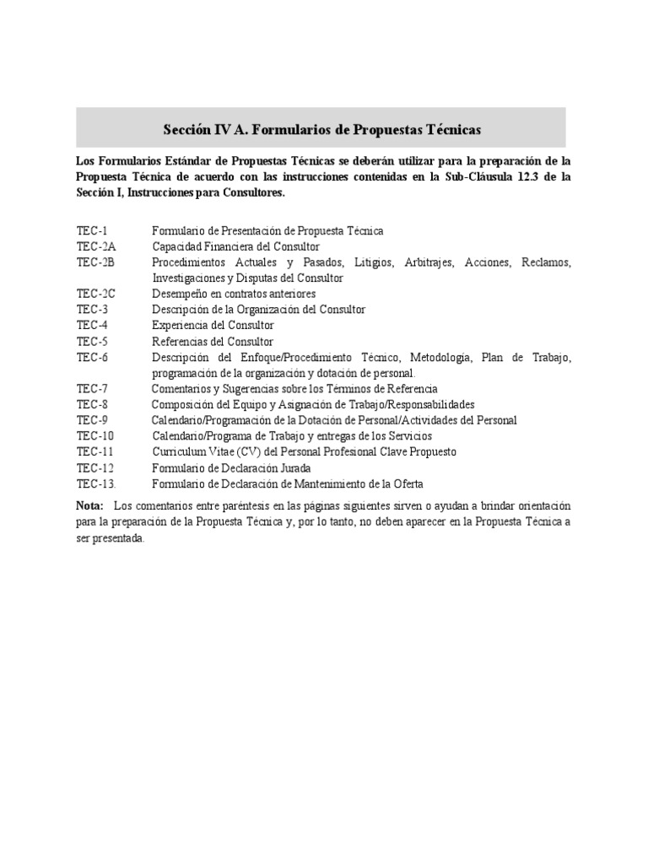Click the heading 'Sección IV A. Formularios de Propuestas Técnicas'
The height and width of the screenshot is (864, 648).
(321, 130)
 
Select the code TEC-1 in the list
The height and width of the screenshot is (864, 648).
(91, 230)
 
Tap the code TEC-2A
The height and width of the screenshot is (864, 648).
(95, 246)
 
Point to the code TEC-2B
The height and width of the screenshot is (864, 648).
(95, 262)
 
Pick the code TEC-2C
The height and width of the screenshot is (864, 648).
(95, 294)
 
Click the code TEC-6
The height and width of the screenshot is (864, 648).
(91, 358)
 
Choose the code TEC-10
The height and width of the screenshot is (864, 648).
(94, 435)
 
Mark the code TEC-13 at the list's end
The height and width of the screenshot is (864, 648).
(95, 483)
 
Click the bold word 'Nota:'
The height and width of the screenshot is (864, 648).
(89, 505)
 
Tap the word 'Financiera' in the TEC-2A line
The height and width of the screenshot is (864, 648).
(224, 246)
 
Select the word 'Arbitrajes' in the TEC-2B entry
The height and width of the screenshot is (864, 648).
(428, 262)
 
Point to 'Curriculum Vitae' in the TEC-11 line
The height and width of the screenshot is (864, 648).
(190, 451)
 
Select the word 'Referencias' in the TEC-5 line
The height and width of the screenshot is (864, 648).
(180, 341)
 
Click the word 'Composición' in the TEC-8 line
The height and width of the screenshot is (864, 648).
(182, 404)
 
